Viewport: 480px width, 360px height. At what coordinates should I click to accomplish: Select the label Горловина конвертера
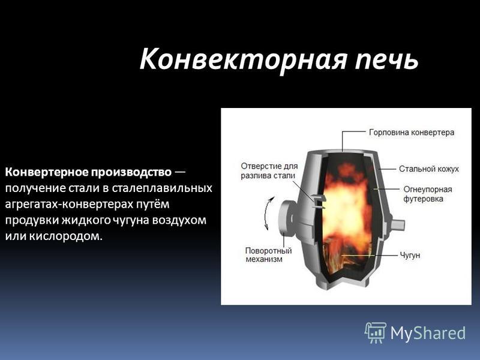pyautogui.click(x=412, y=133)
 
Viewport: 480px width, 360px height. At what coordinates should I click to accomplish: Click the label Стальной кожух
pyautogui.click(x=429, y=169)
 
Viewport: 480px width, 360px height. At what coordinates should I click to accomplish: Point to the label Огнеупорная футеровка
pyautogui.click(x=428, y=194)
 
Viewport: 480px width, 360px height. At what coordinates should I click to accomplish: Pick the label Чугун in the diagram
pyautogui.click(x=410, y=255)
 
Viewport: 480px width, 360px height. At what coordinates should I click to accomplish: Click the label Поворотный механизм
pyautogui.click(x=268, y=254)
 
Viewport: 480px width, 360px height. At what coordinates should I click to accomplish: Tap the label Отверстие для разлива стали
pyautogui.click(x=269, y=171)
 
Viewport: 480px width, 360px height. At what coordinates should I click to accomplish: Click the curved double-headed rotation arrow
pyautogui.click(x=267, y=214)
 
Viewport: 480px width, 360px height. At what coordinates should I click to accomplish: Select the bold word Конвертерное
pyautogui.click(x=46, y=172)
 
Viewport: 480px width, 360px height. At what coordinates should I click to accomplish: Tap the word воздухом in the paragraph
pyautogui.click(x=179, y=220)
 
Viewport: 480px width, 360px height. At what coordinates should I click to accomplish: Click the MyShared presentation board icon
pyautogui.click(x=375, y=332)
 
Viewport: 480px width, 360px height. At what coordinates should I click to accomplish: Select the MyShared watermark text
pyautogui.click(x=428, y=333)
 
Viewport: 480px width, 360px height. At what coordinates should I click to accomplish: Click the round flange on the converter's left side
pyautogui.click(x=286, y=218)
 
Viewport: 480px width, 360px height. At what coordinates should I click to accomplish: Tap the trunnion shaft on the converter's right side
pyautogui.click(x=397, y=224)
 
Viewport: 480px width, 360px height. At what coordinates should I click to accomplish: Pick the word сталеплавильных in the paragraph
pyautogui.click(x=161, y=188)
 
